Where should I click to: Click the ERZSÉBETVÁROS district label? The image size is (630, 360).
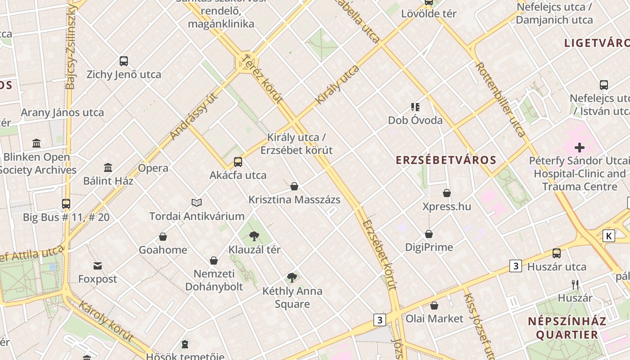click(446, 160)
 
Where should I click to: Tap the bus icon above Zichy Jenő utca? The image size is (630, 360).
click(124, 61)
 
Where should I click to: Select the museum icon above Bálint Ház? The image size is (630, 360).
click(108, 168)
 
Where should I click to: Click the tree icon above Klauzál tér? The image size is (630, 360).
click(254, 236)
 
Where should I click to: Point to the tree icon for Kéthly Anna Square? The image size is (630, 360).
click(292, 277)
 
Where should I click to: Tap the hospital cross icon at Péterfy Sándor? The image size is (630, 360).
click(580, 147)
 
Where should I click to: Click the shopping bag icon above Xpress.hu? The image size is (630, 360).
click(447, 193)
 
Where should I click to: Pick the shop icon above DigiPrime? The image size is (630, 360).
click(429, 234)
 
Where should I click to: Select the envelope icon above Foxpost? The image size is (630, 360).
click(98, 266)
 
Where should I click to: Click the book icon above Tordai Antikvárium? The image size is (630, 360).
click(197, 202)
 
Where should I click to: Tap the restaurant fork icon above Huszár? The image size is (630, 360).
click(575, 284)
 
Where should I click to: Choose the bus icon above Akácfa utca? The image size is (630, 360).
click(238, 162)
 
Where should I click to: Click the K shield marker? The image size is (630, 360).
click(609, 236)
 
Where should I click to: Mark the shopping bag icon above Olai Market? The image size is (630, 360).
click(434, 306)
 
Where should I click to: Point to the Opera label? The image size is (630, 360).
click(153, 168)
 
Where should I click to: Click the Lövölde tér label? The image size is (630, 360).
click(429, 13)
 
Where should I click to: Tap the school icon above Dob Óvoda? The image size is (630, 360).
click(415, 107)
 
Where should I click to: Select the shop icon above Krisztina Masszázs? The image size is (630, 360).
click(294, 186)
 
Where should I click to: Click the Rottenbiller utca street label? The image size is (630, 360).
click(500, 99)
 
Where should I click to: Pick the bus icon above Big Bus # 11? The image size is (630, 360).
click(66, 204)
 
